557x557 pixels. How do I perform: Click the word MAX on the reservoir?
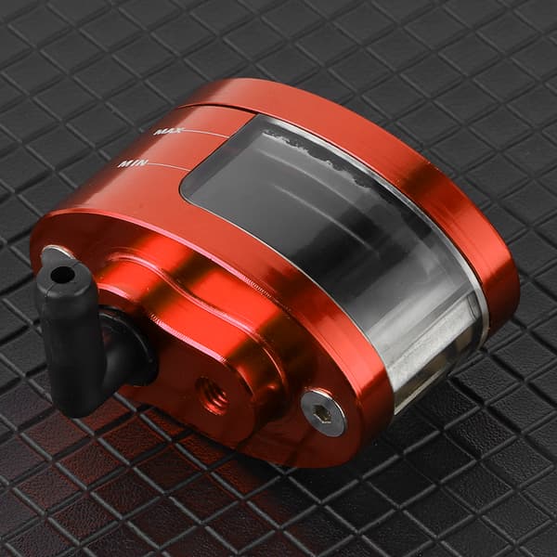click(x=169, y=131)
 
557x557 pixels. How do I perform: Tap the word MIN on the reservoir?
click(x=133, y=163)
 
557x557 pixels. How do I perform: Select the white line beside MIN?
click(x=167, y=166)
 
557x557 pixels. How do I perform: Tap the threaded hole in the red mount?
click(x=214, y=395)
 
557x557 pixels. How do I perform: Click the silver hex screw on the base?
click(x=323, y=412)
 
